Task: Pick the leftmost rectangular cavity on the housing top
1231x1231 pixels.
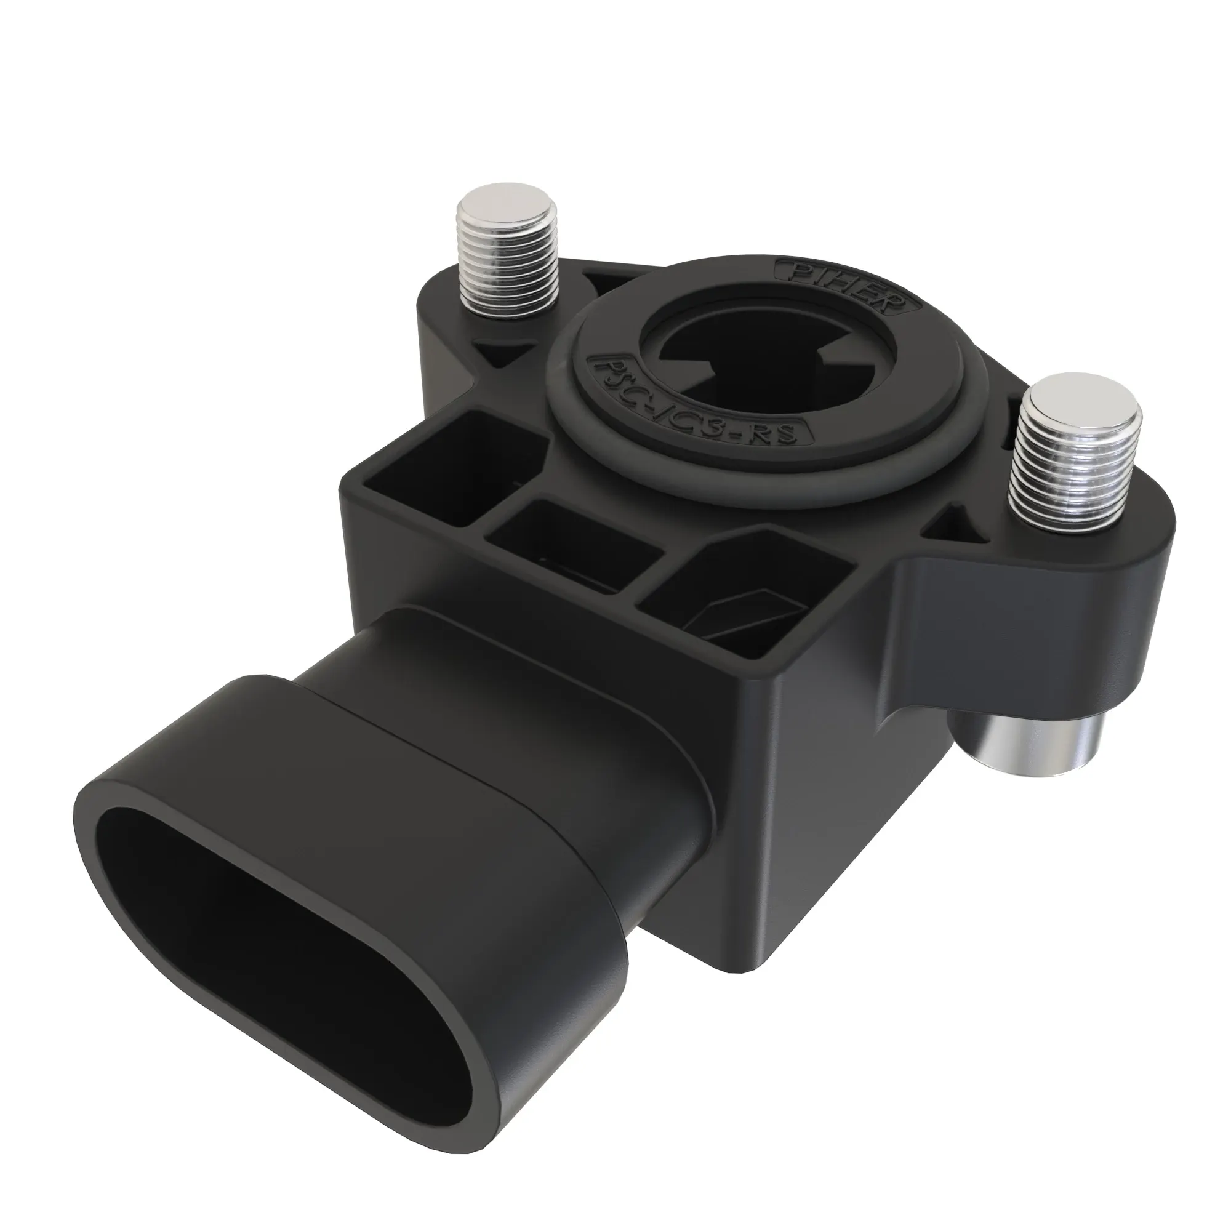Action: [446, 459]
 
